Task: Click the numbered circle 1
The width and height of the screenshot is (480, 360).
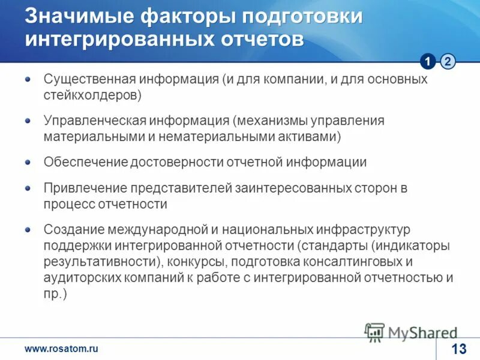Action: (x=428, y=61)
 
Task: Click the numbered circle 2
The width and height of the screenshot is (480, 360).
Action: (x=448, y=61)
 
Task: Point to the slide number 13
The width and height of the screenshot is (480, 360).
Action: (x=458, y=349)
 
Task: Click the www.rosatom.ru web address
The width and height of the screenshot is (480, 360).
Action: (x=61, y=349)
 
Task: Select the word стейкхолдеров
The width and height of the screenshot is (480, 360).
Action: (x=92, y=95)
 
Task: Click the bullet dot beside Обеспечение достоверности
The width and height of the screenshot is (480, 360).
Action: (x=28, y=162)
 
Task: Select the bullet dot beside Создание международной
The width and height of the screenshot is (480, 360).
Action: (x=28, y=229)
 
